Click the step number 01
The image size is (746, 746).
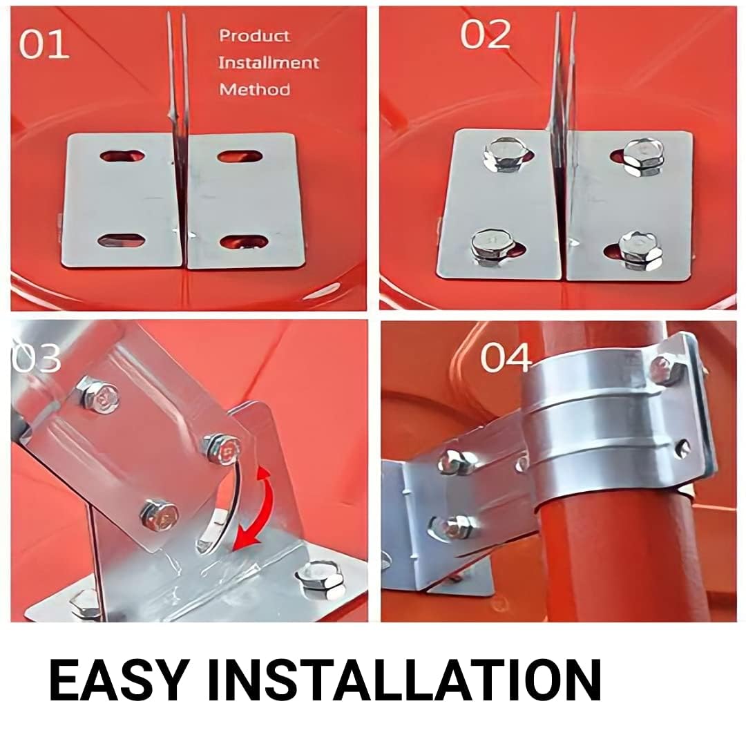pyautogui.click(x=44, y=44)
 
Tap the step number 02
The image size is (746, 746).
pyautogui.click(x=486, y=35)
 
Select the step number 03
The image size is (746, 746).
pyautogui.click(x=36, y=357)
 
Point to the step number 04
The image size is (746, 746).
pyautogui.click(x=505, y=358)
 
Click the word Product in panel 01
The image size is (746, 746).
pyautogui.click(x=254, y=36)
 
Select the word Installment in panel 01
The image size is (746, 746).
pyautogui.click(x=268, y=63)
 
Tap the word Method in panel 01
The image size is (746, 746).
pyautogui.click(x=254, y=89)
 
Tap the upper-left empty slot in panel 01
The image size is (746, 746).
pyautogui.click(x=122, y=156)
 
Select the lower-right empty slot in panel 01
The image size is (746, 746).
pyautogui.click(x=245, y=241)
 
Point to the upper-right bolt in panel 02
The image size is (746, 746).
pyautogui.click(x=644, y=157)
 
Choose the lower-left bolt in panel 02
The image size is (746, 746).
pyautogui.click(x=491, y=247)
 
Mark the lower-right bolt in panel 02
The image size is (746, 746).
pyautogui.click(x=640, y=251)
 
